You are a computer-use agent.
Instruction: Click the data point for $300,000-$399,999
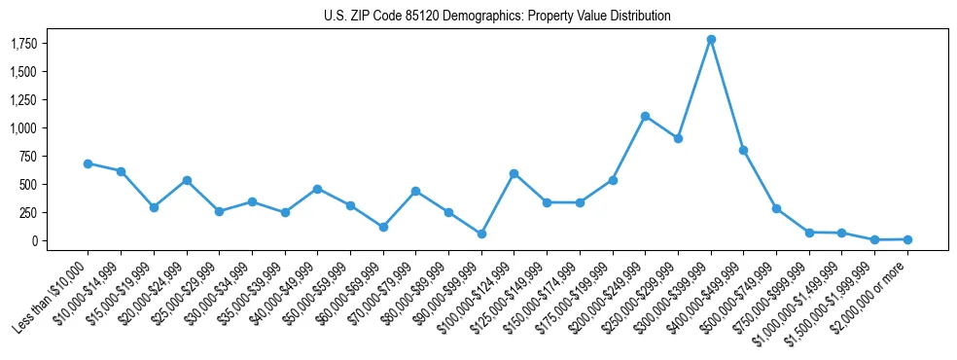(711, 39)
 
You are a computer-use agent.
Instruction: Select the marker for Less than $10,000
(88, 163)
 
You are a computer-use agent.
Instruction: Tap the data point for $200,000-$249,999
(645, 116)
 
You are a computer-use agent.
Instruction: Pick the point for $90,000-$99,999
(481, 234)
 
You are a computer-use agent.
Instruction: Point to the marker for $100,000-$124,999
(514, 173)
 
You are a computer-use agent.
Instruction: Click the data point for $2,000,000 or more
(907, 239)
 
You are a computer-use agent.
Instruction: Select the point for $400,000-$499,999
(743, 150)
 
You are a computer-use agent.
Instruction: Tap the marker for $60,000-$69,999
(383, 227)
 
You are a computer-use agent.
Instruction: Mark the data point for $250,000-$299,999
(678, 138)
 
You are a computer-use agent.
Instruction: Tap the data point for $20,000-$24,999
(187, 180)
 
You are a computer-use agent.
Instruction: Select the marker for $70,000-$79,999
(415, 191)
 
